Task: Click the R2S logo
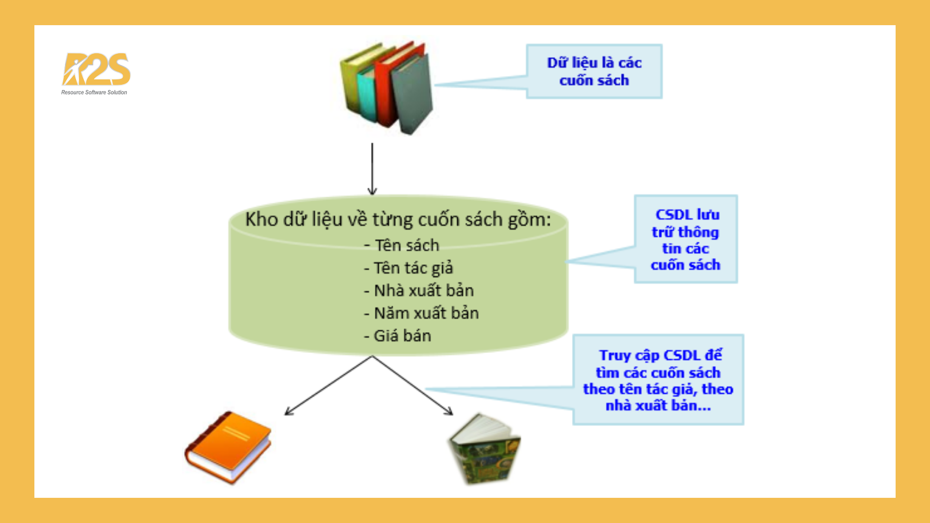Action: coord(96,69)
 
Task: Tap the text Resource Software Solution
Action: coord(94,92)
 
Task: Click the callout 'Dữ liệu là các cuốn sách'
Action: coord(594,72)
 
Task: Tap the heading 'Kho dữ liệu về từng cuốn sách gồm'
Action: coord(398,219)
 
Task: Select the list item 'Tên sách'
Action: coord(402,246)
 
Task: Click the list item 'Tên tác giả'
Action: coord(409,268)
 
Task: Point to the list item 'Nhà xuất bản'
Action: coord(419,291)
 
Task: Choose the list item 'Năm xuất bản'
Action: coord(421,313)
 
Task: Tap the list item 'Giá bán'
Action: coord(398,336)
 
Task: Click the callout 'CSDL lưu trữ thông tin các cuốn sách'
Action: coord(685,239)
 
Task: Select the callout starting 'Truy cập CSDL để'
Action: coord(658,380)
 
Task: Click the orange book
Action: coord(228,446)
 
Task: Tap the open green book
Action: coord(484,449)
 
